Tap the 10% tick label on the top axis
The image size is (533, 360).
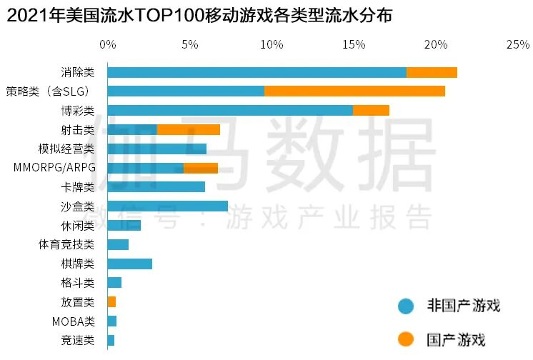(x=272, y=44)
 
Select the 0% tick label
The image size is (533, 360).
(x=107, y=44)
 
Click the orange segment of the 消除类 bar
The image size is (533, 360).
(x=432, y=72)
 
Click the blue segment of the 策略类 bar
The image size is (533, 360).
(x=186, y=91)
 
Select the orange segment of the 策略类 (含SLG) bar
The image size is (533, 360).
(x=354, y=91)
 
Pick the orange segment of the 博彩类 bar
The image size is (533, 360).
(x=371, y=110)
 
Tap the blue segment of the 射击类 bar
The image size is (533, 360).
(x=132, y=129)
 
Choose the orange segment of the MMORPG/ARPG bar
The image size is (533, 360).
(x=201, y=168)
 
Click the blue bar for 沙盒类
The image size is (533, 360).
(x=168, y=206)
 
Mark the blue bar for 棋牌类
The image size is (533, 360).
(x=130, y=264)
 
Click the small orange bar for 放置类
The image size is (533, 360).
(x=111, y=301)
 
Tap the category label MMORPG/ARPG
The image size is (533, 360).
(x=54, y=168)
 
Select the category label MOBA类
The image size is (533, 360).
(x=73, y=321)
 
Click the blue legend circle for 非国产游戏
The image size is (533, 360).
(x=407, y=306)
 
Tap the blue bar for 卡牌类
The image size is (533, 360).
(x=156, y=187)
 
